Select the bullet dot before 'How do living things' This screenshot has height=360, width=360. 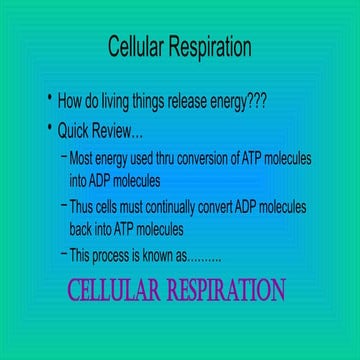49,98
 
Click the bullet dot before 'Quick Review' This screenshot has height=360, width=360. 49,128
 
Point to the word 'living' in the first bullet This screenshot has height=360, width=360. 116,101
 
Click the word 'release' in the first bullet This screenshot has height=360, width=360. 187,101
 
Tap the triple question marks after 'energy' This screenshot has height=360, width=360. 257,101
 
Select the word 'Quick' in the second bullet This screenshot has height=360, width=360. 74,131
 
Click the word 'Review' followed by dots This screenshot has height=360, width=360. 119,131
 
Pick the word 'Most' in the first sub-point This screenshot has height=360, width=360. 82,159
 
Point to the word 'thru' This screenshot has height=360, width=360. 167,159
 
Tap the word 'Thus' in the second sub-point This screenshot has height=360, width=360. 82,207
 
